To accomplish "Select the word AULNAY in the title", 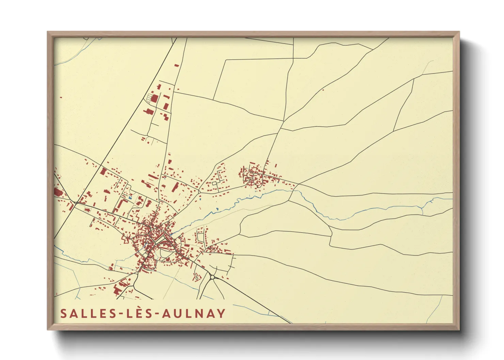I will coord(194,313).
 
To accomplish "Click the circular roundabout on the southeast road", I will coord(212,277).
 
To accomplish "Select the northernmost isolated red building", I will coord(176,65).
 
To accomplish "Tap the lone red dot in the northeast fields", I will coord(323,90).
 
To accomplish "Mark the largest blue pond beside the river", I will coord(217,209).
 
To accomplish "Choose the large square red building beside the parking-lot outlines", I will coord(155,99).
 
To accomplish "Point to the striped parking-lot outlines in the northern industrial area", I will coord(149,97).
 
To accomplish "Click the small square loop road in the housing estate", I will coord(214,183).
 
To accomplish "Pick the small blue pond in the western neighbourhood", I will coord(130,198).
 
